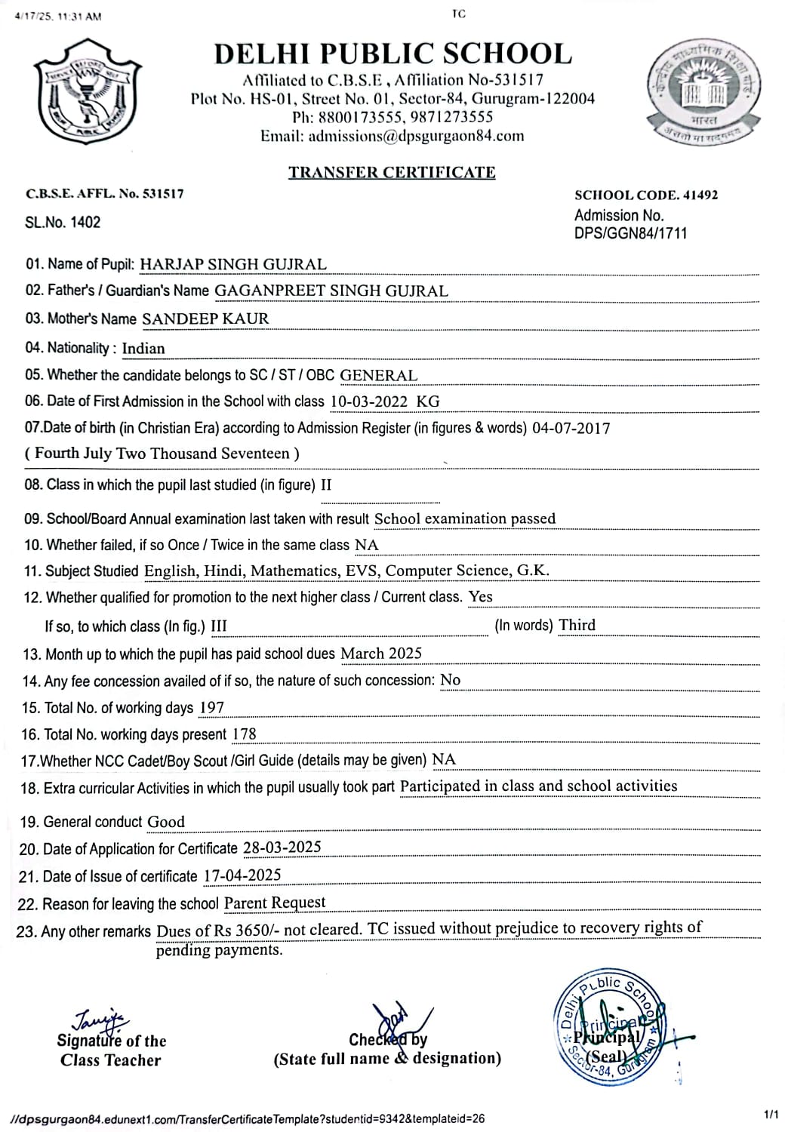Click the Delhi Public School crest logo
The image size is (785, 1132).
[x=88, y=91]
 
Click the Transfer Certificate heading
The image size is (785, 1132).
[x=392, y=172]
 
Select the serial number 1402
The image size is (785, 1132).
[x=86, y=223]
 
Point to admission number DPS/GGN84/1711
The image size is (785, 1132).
[x=631, y=234]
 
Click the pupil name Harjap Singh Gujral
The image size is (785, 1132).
[x=233, y=264]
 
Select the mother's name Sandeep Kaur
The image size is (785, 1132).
[x=205, y=318]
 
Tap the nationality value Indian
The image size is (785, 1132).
[x=143, y=349]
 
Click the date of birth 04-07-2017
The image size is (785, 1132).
[x=571, y=429]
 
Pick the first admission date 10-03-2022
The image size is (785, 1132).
[x=369, y=402]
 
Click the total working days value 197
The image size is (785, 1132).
[x=211, y=708]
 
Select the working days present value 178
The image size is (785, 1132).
[x=244, y=734]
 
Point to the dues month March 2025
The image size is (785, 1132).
[x=381, y=654]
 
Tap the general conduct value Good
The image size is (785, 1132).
[x=166, y=822]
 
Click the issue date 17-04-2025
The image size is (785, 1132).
[x=242, y=875]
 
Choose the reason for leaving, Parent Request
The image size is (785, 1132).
[x=275, y=903]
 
